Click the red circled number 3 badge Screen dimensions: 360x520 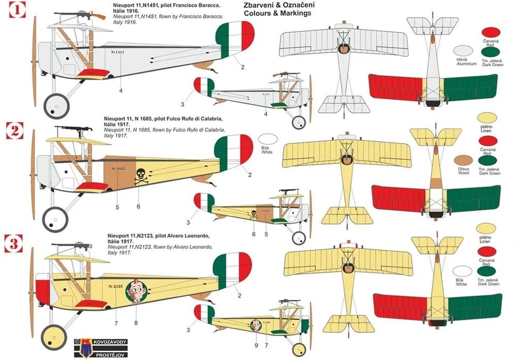pyautogui.click(x=15, y=242)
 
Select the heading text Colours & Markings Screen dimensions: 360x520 pyautogui.click(x=277, y=14)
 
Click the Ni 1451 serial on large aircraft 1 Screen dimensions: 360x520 pyautogui.click(x=117, y=51)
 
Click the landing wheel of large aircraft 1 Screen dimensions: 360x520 pyautogui.click(x=56, y=106)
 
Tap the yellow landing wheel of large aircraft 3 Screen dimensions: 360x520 pyautogui.click(x=54, y=337)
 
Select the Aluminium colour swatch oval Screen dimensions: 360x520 pyautogui.click(x=463, y=50)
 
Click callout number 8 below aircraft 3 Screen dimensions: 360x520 pyautogui.click(x=136, y=322)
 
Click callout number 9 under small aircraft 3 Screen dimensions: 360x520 pyautogui.click(x=256, y=345)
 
